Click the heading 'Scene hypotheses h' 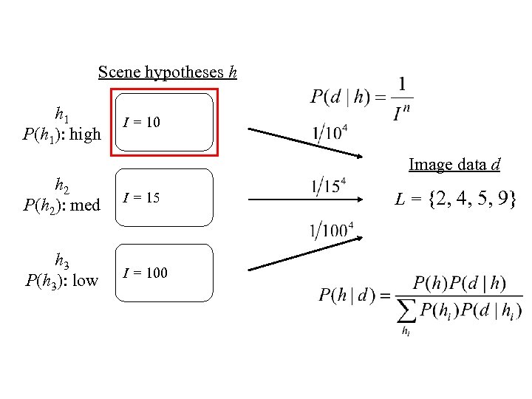click(x=167, y=72)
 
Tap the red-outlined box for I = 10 click(x=165, y=122)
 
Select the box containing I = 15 click(x=165, y=198)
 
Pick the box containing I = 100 click(x=165, y=273)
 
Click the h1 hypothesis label click(x=63, y=115)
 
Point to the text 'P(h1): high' click(x=62, y=134)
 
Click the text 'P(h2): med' click(x=62, y=205)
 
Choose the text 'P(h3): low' click(x=62, y=279)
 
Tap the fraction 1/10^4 click(x=330, y=133)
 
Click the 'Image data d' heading click(x=454, y=164)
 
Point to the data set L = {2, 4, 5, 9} click(x=455, y=198)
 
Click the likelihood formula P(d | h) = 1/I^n click(x=361, y=97)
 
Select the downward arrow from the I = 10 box click(x=304, y=143)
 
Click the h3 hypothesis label click(x=63, y=260)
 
